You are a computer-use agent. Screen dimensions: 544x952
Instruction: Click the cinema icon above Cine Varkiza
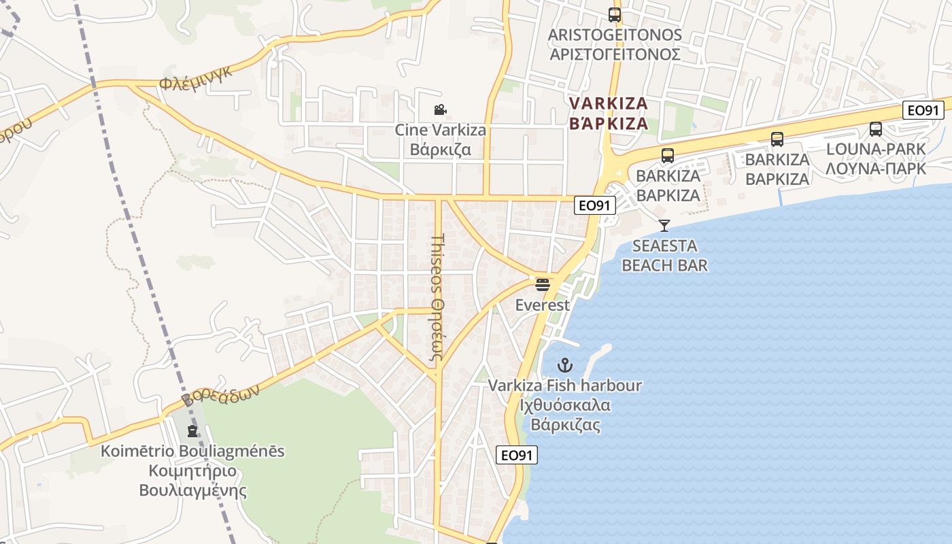(440, 109)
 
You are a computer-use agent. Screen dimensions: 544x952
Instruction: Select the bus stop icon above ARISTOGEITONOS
(615, 14)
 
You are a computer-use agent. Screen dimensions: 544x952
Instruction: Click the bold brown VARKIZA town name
(608, 104)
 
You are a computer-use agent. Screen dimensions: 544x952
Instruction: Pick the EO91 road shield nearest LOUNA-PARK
(923, 110)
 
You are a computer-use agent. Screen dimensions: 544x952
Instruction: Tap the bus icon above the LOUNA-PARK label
(876, 129)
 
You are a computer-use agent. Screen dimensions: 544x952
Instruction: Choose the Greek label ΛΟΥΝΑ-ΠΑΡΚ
(876, 168)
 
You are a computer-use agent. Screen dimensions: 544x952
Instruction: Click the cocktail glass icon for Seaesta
(664, 226)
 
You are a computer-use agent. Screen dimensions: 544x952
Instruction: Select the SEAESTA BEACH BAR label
(664, 255)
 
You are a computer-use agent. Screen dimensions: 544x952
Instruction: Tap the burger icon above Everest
(542, 284)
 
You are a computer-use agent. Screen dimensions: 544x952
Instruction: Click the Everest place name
(542, 305)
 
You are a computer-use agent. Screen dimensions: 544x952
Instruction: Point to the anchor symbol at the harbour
(565, 365)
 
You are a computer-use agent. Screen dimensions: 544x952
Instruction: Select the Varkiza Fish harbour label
(565, 386)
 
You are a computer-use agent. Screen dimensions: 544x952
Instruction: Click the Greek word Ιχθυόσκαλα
(564, 406)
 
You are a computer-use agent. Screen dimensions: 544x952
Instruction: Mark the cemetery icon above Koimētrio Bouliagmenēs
(193, 431)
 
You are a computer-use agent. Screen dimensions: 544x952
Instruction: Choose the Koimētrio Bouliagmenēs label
(192, 452)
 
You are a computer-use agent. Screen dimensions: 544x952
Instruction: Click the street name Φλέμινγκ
(196, 78)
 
